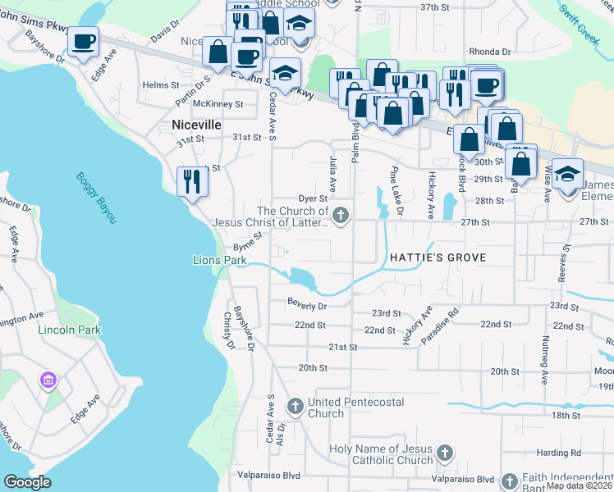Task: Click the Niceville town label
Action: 197,125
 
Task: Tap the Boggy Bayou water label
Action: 97,198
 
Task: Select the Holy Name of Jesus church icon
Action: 444,453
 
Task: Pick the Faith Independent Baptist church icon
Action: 509,480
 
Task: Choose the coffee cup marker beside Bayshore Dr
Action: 83,42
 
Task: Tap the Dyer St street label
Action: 313,198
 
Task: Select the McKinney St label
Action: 223,104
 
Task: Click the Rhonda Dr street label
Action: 490,52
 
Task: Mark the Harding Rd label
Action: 560,452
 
